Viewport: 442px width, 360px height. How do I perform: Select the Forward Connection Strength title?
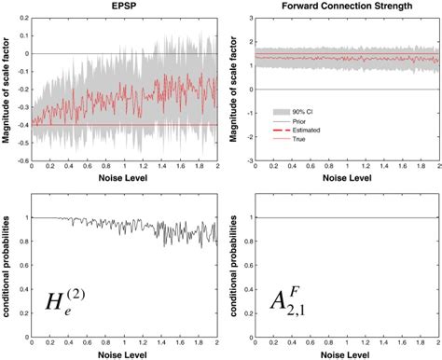(x=348, y=7)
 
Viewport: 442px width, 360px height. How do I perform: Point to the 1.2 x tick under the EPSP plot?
(x=140, y=168)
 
